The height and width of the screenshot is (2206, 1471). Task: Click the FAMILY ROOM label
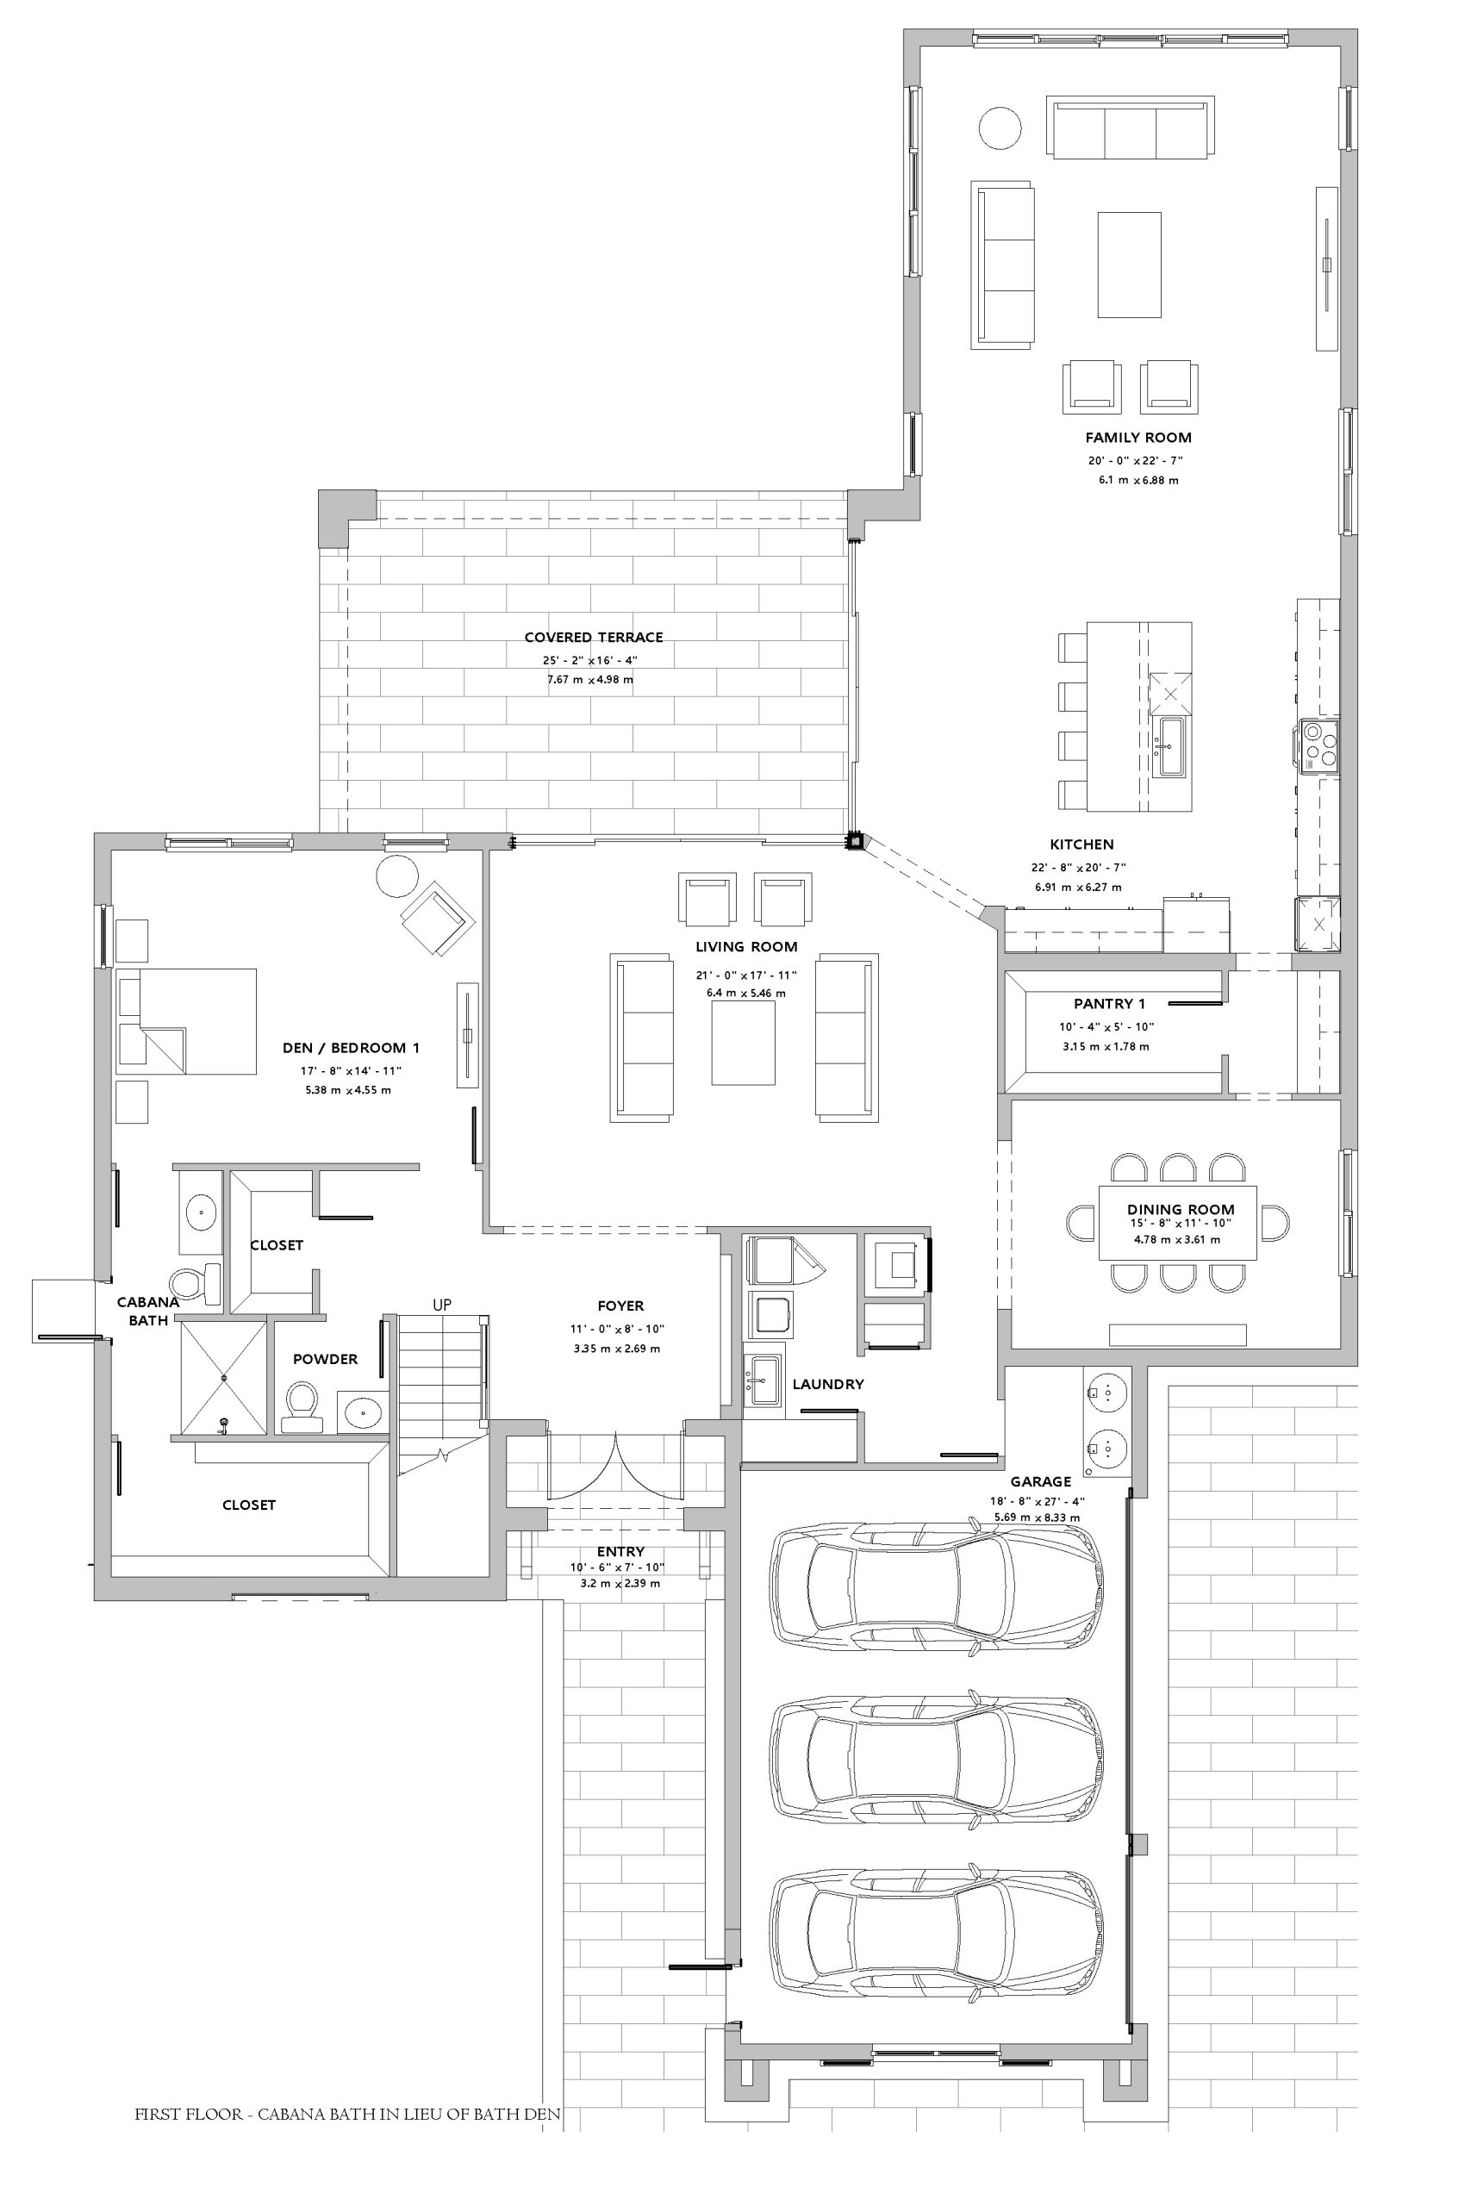pos(1138,437)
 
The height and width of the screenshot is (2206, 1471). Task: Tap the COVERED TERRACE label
pos(594,638)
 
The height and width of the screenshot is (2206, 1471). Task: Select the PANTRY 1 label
pos(1109,1004)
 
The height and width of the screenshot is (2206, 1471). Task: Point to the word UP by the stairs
pos(442,1305)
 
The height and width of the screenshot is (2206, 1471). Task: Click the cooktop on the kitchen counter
pos(1318,745)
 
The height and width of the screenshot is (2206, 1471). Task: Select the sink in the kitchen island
pos(1171,746)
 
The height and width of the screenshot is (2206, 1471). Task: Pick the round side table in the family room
pos(1001,127)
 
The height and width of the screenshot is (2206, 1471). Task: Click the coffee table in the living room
pos(743,1043)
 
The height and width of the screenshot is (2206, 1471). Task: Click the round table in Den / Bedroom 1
pos(396,876)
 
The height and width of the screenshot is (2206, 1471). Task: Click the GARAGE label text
pos(1040,1482)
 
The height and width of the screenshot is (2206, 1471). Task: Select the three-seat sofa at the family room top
pos(1130,128)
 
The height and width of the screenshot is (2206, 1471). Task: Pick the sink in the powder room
pos(361,1411)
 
